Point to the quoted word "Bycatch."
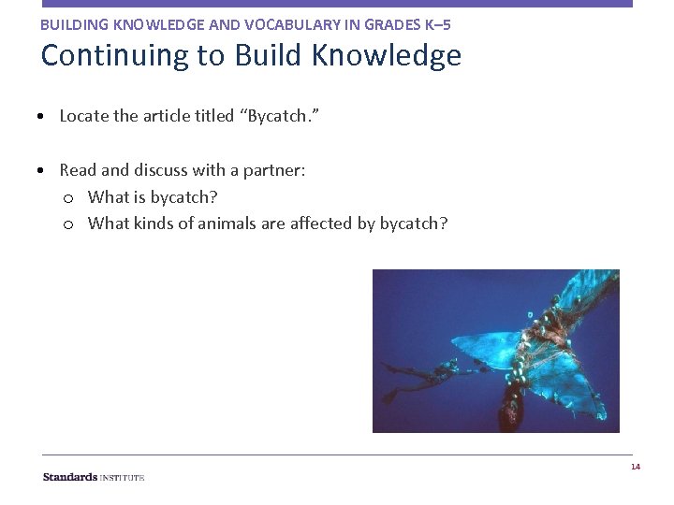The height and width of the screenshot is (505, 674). point(283,116)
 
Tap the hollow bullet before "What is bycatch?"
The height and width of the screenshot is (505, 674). point(68,198)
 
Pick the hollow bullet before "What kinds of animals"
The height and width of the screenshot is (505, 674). point(68,224)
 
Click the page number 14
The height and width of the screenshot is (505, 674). point(635,467)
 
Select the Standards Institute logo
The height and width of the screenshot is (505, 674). point(94,477)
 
